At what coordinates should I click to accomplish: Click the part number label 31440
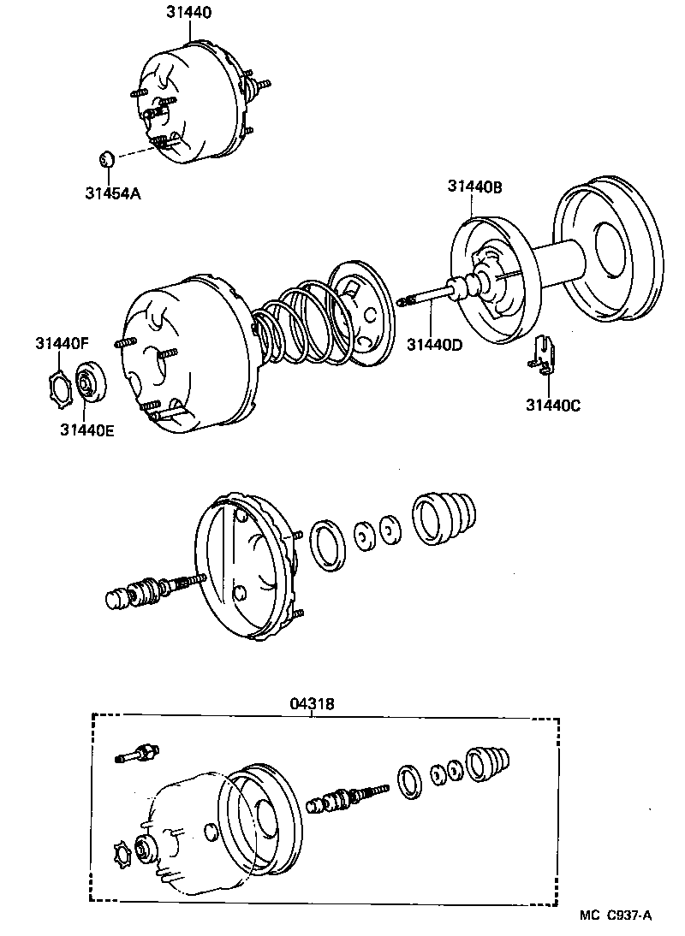[188, 13]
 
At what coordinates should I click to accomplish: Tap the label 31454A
[112, 193]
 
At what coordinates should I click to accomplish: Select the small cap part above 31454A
[106, 159]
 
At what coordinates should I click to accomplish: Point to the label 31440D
[434, 344]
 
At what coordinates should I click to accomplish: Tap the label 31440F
[62, 343]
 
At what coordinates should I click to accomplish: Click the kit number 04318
[312, 703]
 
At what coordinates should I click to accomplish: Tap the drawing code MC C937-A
[614, 915]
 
